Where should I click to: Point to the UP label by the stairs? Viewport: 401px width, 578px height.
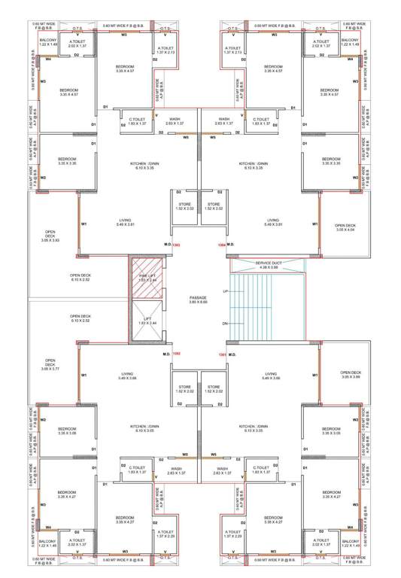click(x=226, y=290)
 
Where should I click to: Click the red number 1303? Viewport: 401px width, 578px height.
click(x=177, y=245)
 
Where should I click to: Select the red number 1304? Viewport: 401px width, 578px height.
click(x=221, y=245)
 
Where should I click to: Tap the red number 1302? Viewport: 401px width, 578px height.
click(x=177, y=354)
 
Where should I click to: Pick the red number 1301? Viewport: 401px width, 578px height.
click(x=222, y=354)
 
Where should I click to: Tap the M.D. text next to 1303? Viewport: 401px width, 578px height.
click(x=167, y=244)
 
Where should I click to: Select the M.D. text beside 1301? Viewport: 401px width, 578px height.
click(x=232, y=353)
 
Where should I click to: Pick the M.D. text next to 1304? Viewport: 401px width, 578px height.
click(x=232, y=244)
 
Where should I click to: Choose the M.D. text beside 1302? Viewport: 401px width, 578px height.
click(x=166, y=353)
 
